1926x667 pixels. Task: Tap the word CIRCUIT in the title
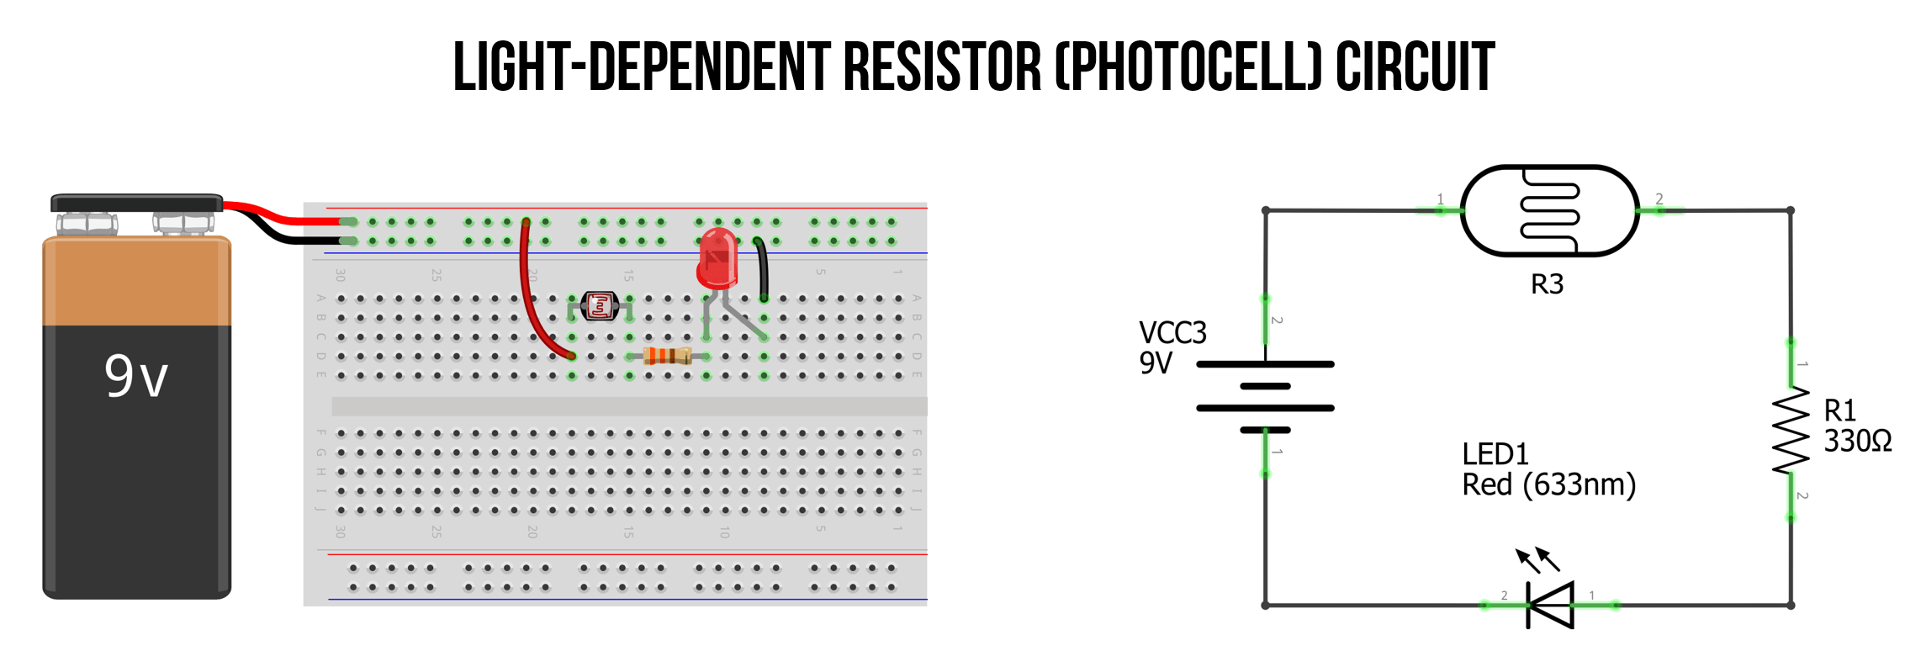click(1415, 67)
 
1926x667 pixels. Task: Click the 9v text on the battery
click(136, 376)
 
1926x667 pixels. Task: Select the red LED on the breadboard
click(717, 259)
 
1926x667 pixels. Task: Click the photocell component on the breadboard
click(600, 306)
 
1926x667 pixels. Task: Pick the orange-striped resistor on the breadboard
click(666, 356)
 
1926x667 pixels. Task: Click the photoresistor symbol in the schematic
click(1549, 210)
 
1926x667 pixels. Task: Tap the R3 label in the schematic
click(1547, 284)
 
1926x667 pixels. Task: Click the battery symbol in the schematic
click(1265, 397)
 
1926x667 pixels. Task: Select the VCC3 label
click(1172, 333)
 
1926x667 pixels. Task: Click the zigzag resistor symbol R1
click(1791, 430)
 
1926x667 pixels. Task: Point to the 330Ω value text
click(1857, 441)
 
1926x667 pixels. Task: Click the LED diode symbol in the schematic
click(1550, 605)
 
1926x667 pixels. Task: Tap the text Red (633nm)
click(1548, 485)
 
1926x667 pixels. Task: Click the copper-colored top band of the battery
click(136, 282)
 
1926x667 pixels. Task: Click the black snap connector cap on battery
click(136, 203)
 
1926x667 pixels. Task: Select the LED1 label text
click(1495, 454)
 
